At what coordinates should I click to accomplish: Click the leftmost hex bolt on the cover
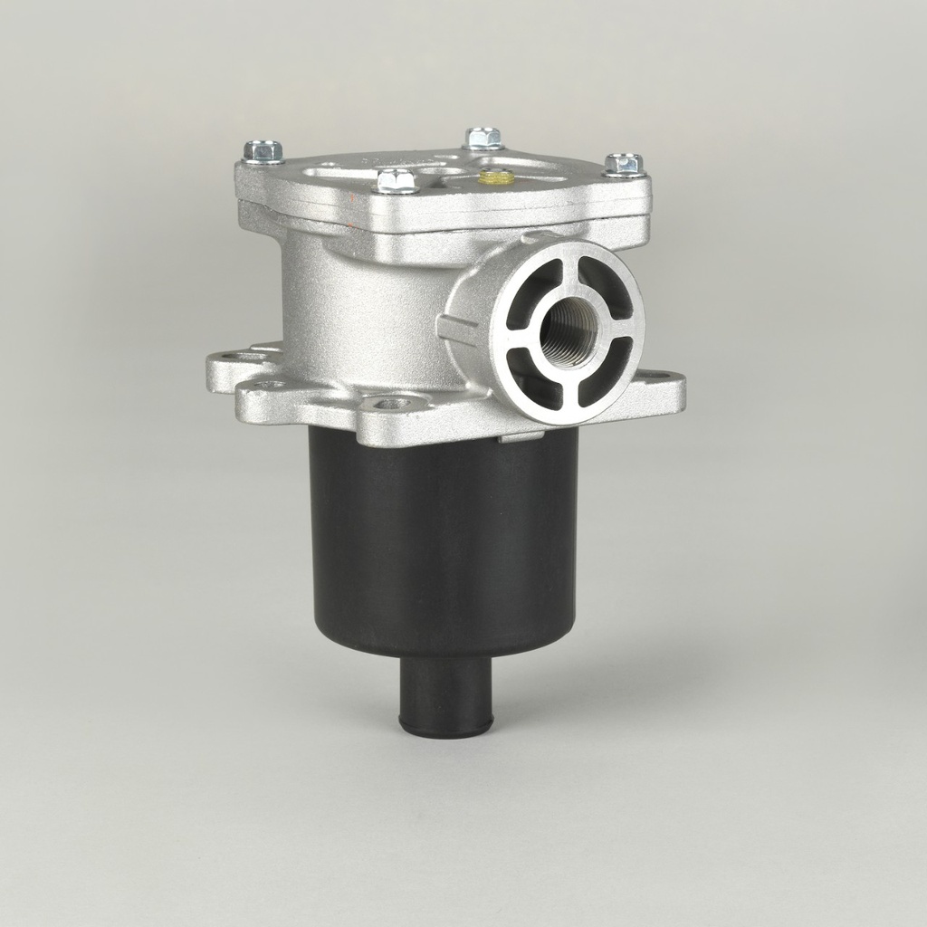tap(263, 151)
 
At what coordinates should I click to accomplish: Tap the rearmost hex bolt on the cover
tap(483, 139)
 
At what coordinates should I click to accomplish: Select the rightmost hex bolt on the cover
tap(623, 165)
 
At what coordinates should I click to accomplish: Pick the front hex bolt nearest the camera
tap(396, 180)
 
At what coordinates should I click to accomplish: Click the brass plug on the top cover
tap(495, 177)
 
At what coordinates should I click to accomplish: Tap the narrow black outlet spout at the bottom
tap(445, 693)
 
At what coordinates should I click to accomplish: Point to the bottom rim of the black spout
tap(445, 729)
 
